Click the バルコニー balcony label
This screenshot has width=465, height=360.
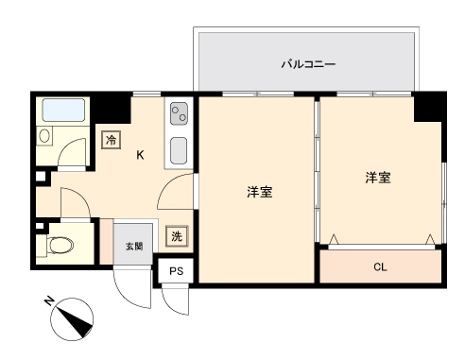pyautogui.click(x=308, y=64)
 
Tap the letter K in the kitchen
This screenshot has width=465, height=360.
pyautogui.click(x=140, y=155)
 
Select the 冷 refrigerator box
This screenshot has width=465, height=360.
pyautogui.click(x=112, y=140)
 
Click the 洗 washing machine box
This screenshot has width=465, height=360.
pyautogui.click(x=177, y=236)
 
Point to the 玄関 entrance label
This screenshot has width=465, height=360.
pyautogui.click(x=134, y=246)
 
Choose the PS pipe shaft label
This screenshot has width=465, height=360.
pyautogui.click(x=176, y=271)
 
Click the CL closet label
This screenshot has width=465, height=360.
pyautogui.click(x=380, y=267)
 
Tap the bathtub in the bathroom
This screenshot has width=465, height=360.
pyautogui.click(x=63, y=111)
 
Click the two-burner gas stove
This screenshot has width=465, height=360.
pyautogui.click(x=179, y=113)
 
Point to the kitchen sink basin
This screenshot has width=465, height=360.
pyautogui.click(x=179, y=151)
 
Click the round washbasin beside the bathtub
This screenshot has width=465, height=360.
pyautogui.click(x=44, y=136)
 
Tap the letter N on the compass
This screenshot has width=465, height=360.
pyautogui.click(x=49, y=301)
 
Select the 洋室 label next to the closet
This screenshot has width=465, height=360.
pyautogui.click(x=378, y=178)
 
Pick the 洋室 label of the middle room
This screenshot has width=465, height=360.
pyautogui.click(x=260, y=192)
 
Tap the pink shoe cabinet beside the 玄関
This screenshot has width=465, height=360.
pyautogui.click(x=107, y=241)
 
